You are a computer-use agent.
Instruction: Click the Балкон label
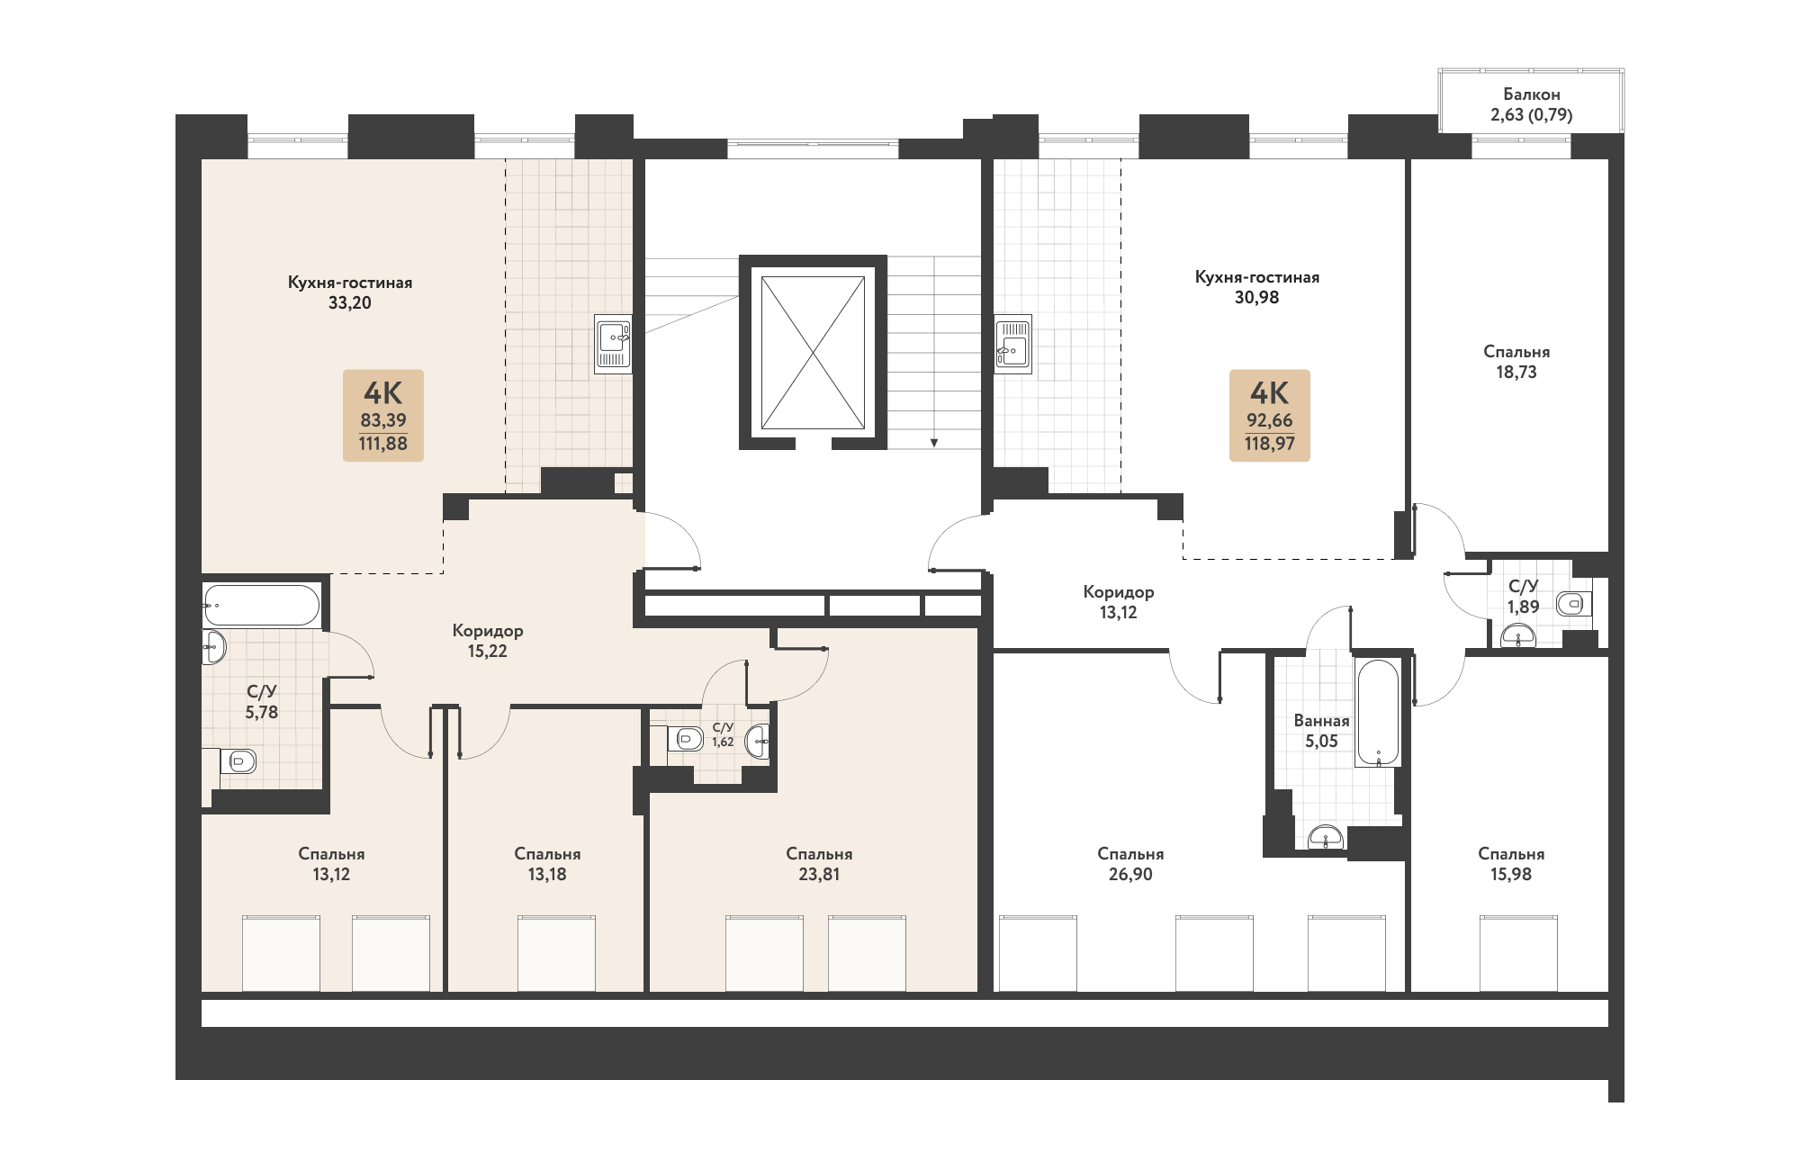click(x=1531, y=94)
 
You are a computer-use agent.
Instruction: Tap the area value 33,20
click(x=350, y=303)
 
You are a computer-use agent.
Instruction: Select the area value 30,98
click(x=1256, y=298)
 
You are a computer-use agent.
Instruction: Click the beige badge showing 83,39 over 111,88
click(x=383, y=416)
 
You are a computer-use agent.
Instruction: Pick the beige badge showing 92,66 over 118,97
click(x=1270, y=416)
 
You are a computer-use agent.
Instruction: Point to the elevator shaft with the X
click(x=814, y=353)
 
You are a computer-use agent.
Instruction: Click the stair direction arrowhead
click(x=934, y=443)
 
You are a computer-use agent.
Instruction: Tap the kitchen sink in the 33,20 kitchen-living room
click(x=614, y=344)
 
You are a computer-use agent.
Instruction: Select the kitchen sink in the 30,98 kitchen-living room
click(x=1013, y=344)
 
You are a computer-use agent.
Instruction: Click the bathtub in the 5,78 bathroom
click(x=261, y=605)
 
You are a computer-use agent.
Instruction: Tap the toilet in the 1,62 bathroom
click(x=686, y=740)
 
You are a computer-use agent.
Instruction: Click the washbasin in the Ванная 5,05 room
click(x=1326, y=837)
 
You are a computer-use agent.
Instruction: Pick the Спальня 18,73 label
click(x=1516, y=362)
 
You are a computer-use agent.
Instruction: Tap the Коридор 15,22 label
click(x=488, y=641)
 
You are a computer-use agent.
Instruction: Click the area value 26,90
click(x=1130, y=875)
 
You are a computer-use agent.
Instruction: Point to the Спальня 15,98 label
click(x=1511, y=864)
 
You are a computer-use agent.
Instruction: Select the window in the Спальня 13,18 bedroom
click(x=556, y=954)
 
